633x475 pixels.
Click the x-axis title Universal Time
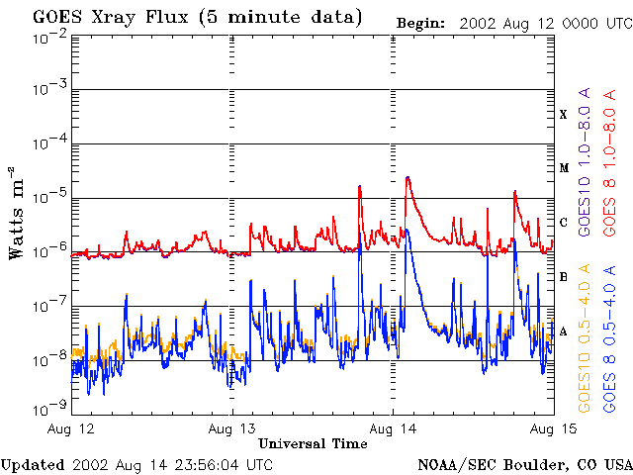(x=313, y=443)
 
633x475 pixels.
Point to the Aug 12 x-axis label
(x=71, y=428)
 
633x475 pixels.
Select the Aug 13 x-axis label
(x=232, y=428)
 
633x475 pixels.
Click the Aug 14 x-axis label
(x=393, y=428)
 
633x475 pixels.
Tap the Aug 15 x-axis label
(x=552, y=428)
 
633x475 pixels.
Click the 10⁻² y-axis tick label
(x=49, y=37)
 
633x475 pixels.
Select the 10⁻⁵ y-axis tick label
(x=49, y=197)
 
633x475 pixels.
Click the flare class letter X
(x=564, y=115)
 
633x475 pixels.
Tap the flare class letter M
(x=564, y=168)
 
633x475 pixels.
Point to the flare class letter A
(x=564, y=332)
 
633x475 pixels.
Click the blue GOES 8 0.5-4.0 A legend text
(x=610, y=336)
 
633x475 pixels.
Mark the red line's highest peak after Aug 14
(x=407, y=178)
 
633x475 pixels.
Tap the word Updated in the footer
(x=33, y=464)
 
